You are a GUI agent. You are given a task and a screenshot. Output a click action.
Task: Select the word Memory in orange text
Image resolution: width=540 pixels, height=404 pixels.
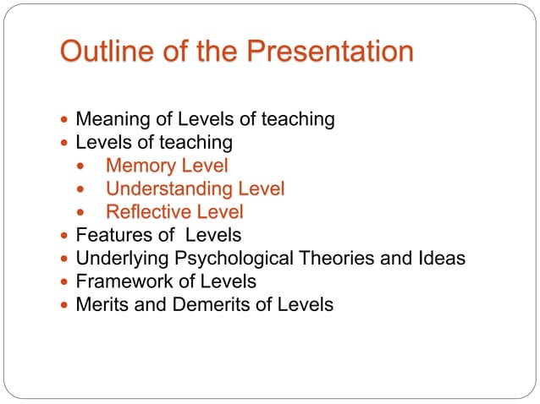(x=141, y=166)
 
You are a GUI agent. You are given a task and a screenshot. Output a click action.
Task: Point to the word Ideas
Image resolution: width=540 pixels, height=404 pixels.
(x=441, y=258)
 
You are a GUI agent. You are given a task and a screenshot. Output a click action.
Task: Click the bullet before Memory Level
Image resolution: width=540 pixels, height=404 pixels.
(x=81, y=167)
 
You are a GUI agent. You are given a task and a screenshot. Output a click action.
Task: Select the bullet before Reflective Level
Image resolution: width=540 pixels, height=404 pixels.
(x=81, y=212)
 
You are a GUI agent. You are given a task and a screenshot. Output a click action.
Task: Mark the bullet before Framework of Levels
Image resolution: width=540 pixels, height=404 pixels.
(x=66, y=281)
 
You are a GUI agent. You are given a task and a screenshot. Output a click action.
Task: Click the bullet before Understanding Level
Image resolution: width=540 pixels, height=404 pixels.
(x=81, y=189)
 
